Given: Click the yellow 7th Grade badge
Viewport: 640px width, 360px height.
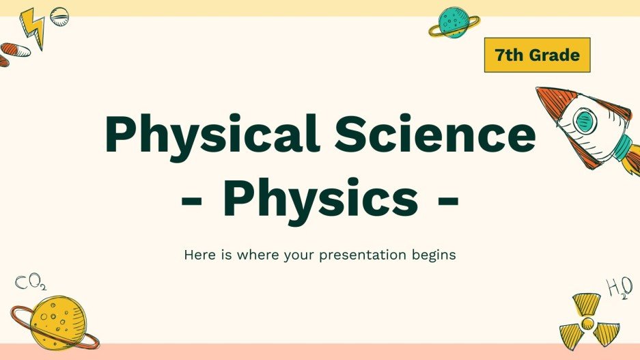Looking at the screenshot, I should tap(537, 55).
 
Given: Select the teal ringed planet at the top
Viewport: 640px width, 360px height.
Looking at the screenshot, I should tap(454, 23).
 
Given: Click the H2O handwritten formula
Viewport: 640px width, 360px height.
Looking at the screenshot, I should tap(619, 289).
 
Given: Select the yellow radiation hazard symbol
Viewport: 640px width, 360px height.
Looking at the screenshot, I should tap(585, 320).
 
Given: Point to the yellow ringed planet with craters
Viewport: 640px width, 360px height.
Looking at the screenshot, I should tap(55, 321).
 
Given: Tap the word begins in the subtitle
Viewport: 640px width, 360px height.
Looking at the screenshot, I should tap(435, 255).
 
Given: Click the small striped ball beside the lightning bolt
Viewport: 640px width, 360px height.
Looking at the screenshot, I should tap(59, 15).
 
